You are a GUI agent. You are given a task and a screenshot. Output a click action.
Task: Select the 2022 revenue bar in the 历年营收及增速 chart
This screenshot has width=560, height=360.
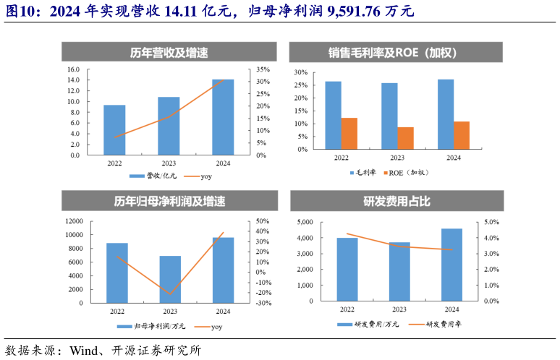click(114, 130)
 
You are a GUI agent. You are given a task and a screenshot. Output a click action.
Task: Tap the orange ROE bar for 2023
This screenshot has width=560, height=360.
click(405, 138)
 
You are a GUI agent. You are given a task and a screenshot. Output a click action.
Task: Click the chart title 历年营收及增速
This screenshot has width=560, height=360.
click(169, 53)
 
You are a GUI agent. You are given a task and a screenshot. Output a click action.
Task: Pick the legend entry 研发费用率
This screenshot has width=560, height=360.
click(444, 325)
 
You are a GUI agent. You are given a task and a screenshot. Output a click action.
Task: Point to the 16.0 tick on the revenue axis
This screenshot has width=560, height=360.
click(73, 69)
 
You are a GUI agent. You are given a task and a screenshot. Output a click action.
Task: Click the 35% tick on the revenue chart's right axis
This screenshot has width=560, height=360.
click(263, 69)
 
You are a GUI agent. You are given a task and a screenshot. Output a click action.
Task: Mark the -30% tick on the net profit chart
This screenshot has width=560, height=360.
click(263, 304)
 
